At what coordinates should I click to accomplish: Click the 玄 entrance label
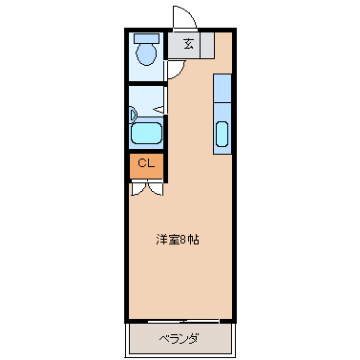187,44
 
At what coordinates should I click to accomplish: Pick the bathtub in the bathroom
147,134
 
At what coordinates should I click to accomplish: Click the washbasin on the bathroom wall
133,112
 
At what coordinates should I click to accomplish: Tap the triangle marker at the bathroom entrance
159,111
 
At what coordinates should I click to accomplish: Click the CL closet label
146,163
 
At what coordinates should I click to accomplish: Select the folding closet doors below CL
146,187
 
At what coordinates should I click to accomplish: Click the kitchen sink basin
223,135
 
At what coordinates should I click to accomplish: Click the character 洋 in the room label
163,239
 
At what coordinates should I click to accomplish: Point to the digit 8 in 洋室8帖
184,239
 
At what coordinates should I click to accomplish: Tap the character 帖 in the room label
194,239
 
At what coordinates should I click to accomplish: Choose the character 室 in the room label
174,239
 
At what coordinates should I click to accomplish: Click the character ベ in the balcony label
163,338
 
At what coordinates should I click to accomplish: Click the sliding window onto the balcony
180,320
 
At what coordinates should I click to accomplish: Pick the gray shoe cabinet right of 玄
208,44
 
